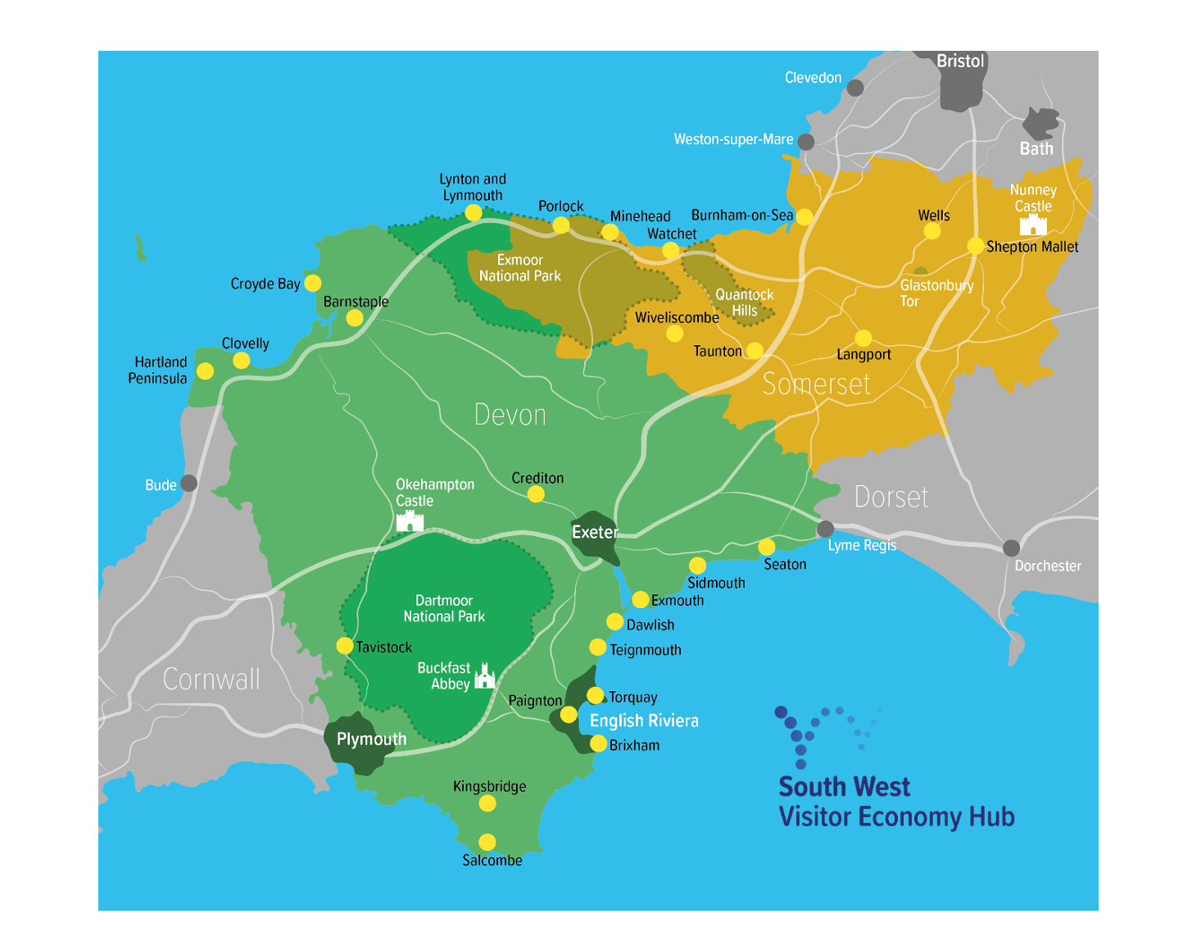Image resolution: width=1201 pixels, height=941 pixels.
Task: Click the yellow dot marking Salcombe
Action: pos(487,842)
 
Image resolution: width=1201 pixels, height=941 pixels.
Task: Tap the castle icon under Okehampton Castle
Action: pos(410,521)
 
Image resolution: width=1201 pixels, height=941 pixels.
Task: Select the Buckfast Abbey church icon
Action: pos(485,677)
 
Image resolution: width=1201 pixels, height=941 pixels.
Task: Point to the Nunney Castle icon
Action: pos(1033,225)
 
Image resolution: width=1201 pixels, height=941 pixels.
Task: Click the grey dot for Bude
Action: pos(189,483)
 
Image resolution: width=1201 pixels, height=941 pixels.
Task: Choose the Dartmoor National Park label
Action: pos(444,608)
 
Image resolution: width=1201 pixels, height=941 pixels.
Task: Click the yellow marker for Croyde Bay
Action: pos(312,283)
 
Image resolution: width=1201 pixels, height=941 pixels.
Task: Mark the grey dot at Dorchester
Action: pos(1012,548)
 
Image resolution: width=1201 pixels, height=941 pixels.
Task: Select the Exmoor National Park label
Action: pos(519,268)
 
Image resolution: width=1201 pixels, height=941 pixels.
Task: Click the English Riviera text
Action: pos(644,721)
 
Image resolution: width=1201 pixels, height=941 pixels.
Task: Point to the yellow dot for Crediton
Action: pos(536,493)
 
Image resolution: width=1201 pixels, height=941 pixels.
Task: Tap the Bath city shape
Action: pos(1040,125)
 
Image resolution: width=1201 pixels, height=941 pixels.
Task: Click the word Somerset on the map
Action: pos(816,384)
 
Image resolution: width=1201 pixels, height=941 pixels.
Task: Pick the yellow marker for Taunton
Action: pos(755,350)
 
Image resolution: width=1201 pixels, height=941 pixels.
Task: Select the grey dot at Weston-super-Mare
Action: pos(806,142)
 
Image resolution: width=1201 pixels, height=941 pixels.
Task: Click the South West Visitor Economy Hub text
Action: pos(896,802)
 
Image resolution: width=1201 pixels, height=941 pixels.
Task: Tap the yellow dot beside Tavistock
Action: pos(345,646)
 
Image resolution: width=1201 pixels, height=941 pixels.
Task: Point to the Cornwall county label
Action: pos(211,679)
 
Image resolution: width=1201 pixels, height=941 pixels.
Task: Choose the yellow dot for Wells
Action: pos(932,231)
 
